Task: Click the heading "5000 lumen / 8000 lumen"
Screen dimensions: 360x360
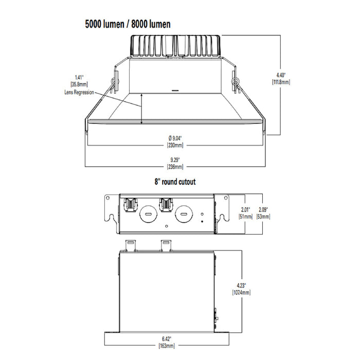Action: point(128,24)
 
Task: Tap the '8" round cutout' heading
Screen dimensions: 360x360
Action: point(175,182)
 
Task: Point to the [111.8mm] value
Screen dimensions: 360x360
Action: point(281,81)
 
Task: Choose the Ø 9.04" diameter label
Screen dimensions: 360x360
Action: point(175,137)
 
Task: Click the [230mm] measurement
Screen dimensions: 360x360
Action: point(175,145)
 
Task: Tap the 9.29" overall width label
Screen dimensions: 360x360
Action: point(175,160)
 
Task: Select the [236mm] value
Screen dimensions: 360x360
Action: point(175,167)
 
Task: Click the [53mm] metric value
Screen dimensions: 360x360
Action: point(263,217)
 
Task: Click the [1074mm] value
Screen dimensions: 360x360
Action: point(242,293)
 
